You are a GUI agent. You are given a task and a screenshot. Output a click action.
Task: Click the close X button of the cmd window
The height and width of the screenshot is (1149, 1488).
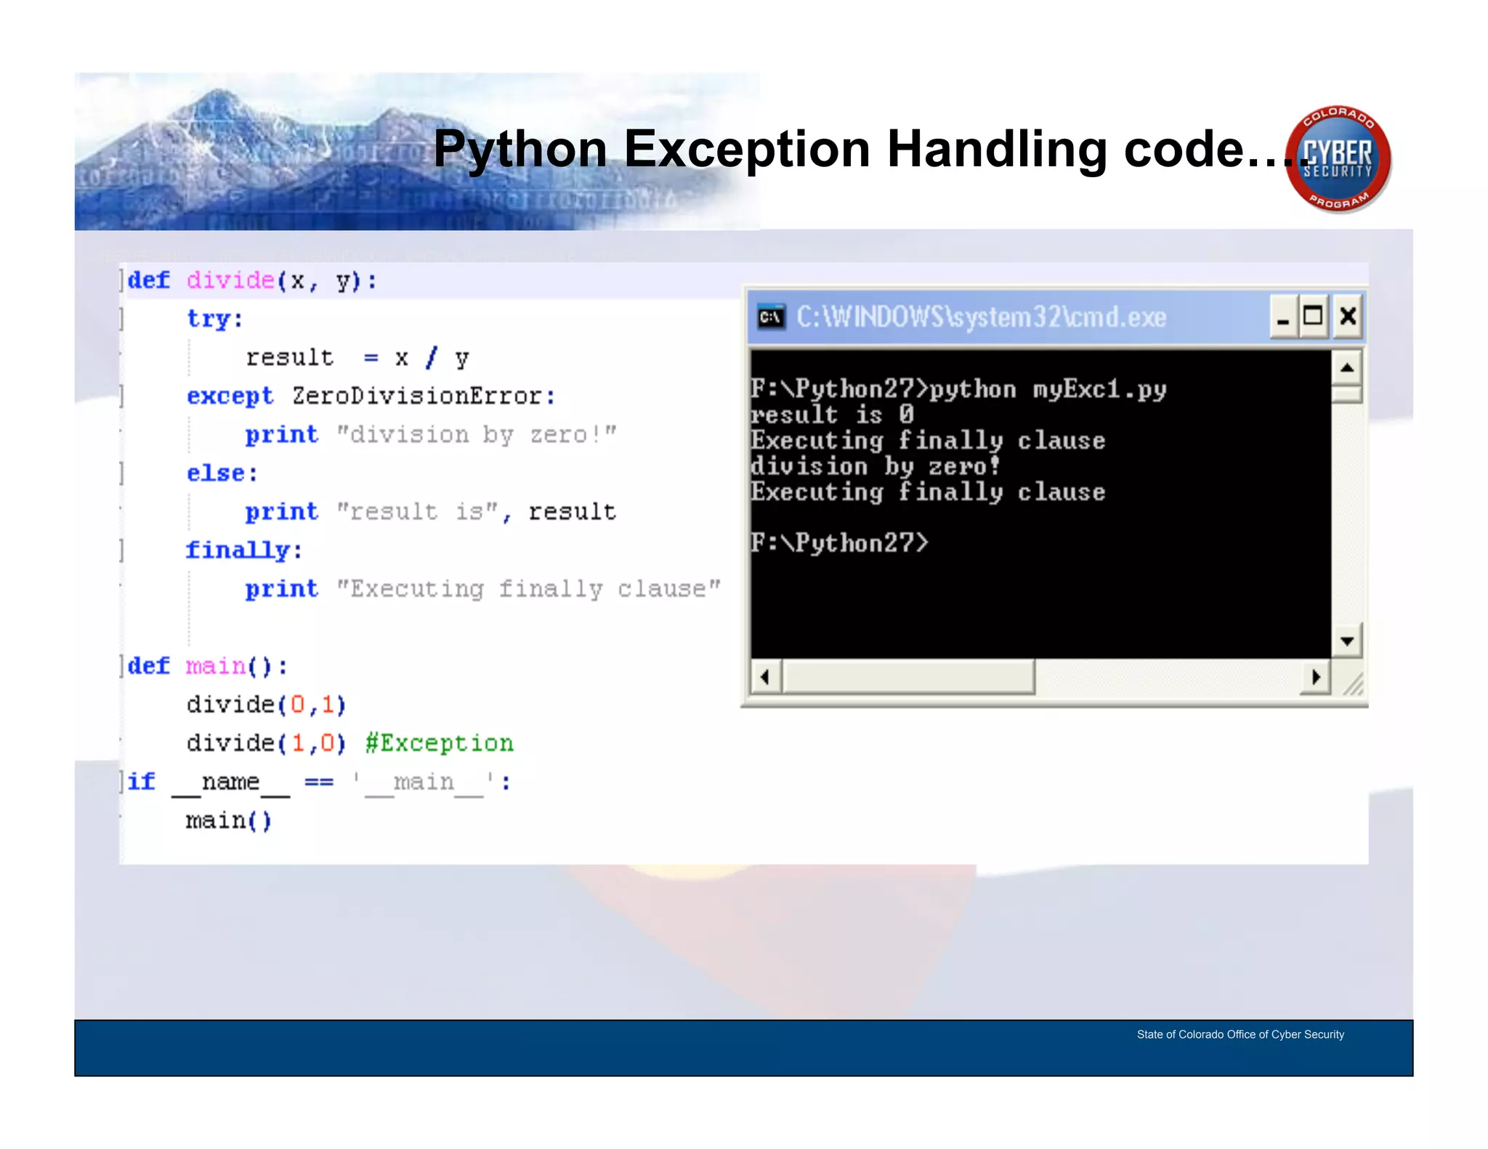[1348, 317]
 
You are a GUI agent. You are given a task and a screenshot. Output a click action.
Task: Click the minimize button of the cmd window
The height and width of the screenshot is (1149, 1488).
[1283, 317]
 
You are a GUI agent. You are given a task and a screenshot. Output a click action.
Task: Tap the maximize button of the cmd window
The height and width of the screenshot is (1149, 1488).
[1314, 317]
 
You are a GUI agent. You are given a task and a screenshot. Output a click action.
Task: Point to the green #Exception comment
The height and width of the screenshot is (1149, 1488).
[440, 743]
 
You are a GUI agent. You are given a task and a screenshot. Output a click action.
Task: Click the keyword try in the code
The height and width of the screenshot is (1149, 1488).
[214, 319]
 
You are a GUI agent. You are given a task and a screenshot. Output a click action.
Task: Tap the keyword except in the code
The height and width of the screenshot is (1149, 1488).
[230, 397]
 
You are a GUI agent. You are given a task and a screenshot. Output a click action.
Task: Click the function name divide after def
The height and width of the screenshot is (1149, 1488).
[230, 280]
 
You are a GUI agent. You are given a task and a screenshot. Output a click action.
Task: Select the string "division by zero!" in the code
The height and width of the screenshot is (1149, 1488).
[477, 435]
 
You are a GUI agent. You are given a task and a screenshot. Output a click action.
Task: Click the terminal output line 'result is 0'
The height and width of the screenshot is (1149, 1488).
[832, 415]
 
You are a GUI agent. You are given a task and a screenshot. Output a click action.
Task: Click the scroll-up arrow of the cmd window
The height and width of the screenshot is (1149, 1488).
[1347, 368]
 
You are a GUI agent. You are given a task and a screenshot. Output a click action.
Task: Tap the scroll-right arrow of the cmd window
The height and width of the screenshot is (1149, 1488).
[1316, 677]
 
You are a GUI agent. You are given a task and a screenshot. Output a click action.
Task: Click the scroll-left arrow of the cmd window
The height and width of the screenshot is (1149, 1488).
[765, 677]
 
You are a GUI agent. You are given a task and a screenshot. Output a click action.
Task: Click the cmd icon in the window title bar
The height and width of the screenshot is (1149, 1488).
[771, 317]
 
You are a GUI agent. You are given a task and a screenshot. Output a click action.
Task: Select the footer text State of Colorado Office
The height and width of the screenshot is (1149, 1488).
[1240, 1034]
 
